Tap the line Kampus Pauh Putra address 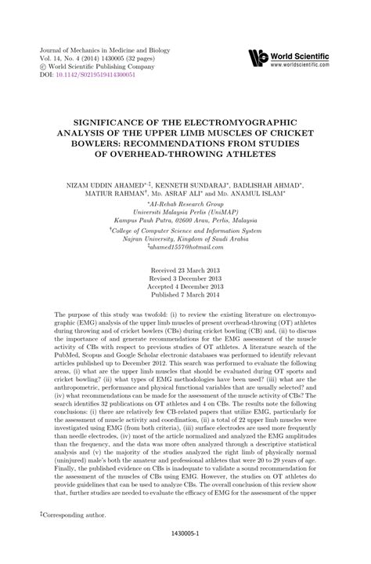coord(185,222)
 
